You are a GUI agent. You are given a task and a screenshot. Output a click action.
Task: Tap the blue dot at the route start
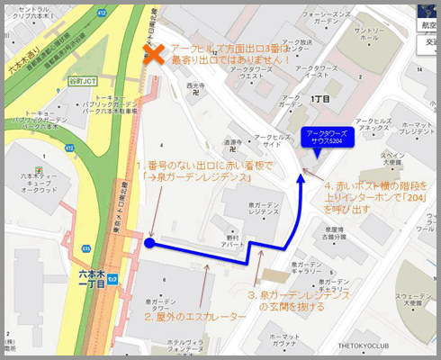[149, 242]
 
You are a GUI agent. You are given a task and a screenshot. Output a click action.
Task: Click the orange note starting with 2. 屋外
[194, 317]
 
